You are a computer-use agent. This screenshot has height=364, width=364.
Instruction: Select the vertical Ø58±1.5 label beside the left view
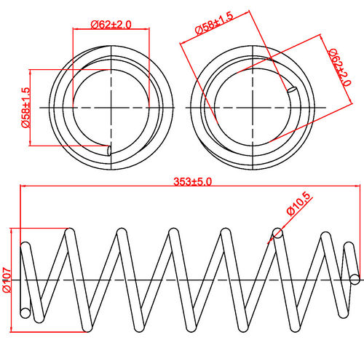click(25, 108)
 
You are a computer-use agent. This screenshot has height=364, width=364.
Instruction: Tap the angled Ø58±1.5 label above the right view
click(214, 23)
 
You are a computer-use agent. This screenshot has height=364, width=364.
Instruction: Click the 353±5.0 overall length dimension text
click(192, 182)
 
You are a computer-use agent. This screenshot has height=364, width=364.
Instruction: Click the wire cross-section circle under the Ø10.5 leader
click(277, 234)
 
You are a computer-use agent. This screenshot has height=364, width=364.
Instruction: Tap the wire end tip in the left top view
click(108, 151)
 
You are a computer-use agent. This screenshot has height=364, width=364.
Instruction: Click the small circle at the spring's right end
click(355, 279)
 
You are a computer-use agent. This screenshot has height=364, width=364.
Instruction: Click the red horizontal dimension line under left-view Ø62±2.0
click(111, 29)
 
